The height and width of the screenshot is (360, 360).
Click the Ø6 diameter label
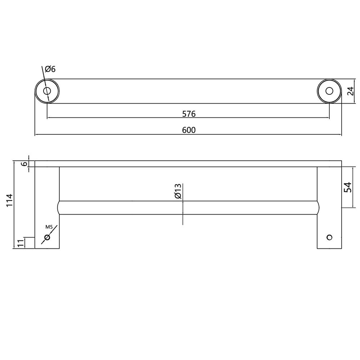(50, 69)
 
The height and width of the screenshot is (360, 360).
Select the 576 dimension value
(188, 114)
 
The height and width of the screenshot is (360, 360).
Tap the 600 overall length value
(188, 130)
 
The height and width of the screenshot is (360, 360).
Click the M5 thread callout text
(49, 227)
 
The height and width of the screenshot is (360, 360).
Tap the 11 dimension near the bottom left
(21, 243)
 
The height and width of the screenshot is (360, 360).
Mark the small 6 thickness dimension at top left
(24, 164)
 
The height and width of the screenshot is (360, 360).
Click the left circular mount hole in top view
(47, 91)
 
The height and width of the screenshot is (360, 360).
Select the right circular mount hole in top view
(329, 91)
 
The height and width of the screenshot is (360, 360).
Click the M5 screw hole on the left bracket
(47, 237)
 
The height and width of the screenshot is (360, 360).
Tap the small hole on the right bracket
(329, 237)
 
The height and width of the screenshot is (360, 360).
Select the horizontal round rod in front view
(144, 208)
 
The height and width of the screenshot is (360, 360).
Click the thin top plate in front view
(187, 164)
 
